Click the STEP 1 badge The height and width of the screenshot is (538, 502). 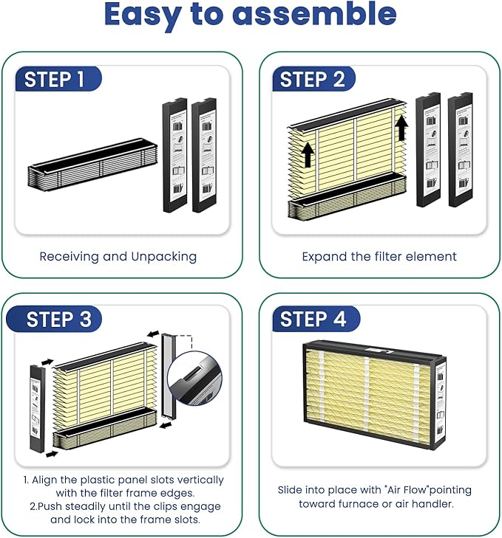point(58,78)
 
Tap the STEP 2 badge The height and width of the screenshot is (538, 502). point(313,78)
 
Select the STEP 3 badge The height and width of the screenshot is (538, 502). point(54,319)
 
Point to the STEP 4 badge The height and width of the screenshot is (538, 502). point(316,319)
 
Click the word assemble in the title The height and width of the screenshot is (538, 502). point(314,14)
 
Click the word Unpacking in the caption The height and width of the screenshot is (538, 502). point(164,257)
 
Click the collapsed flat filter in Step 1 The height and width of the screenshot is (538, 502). point(92,163)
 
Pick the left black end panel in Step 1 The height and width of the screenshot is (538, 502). point(174,155)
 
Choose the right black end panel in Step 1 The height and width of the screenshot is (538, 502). point(204,155)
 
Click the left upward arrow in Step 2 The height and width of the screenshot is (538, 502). point(308,155)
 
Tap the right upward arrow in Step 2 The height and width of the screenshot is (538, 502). point(401,128)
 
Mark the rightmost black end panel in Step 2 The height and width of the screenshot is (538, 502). point(461,150)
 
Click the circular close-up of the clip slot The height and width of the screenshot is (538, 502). point(194,378)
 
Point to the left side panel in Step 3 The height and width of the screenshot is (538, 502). point(38,408)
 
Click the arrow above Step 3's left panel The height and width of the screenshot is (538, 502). point(47,362)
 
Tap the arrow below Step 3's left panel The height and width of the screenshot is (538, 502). point(52,455)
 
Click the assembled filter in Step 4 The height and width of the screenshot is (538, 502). point(374,395)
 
